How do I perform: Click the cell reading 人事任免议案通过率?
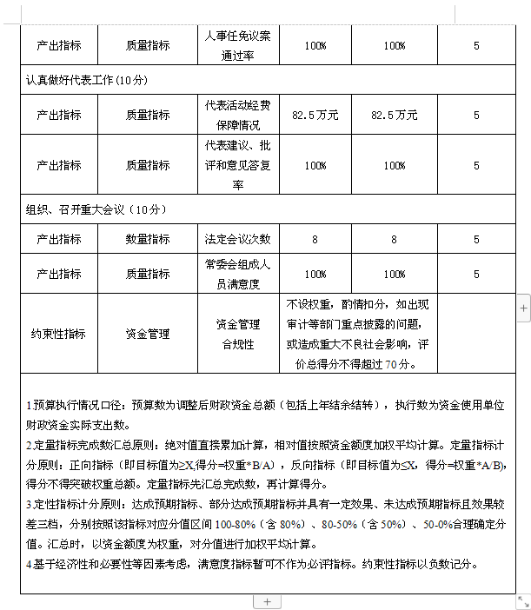238,44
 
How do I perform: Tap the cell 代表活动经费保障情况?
238,115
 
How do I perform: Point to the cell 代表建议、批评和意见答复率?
238,165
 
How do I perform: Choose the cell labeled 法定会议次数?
238,239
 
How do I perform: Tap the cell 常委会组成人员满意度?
238,274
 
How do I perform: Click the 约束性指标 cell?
59,334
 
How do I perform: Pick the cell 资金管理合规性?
238,334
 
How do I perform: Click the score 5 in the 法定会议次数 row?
476,239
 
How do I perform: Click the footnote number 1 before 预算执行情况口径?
28,406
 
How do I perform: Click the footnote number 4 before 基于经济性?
28,564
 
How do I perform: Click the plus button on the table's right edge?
523,307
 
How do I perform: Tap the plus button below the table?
267,601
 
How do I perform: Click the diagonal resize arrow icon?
523,601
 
